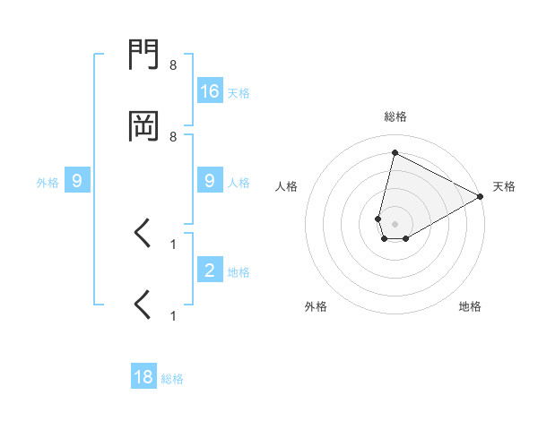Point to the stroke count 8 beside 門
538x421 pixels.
(173, 65)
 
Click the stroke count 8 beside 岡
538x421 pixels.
(173, 136)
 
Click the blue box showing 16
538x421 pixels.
(210, 90)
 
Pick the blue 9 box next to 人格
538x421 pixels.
(210, 181)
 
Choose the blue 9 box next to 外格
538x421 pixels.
(77, 181)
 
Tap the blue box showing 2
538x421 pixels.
(210, 271)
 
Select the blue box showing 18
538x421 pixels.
(143, 377)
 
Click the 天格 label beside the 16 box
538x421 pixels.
(239, 92)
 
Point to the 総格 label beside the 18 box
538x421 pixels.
(172, 379)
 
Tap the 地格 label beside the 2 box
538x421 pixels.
(239, 272)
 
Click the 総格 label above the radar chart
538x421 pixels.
(395, 116)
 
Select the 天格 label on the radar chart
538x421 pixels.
(504, 186)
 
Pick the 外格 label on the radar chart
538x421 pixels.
(316, 306)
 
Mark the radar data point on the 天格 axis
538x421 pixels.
(482, 196)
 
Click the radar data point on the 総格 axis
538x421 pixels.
(395, 152)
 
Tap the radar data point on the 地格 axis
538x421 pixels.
(406, 238)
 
